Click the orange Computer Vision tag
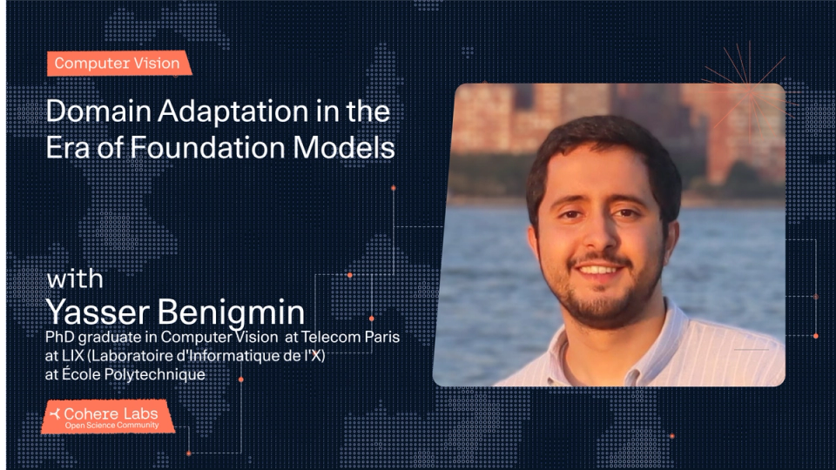[x=117, y=64]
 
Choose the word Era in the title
[x=67, y=148]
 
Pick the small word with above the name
[x=75, y=280]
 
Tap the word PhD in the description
[x=61, y=337]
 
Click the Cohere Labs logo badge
[x=108, y=417]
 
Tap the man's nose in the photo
[x=601, y=237]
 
